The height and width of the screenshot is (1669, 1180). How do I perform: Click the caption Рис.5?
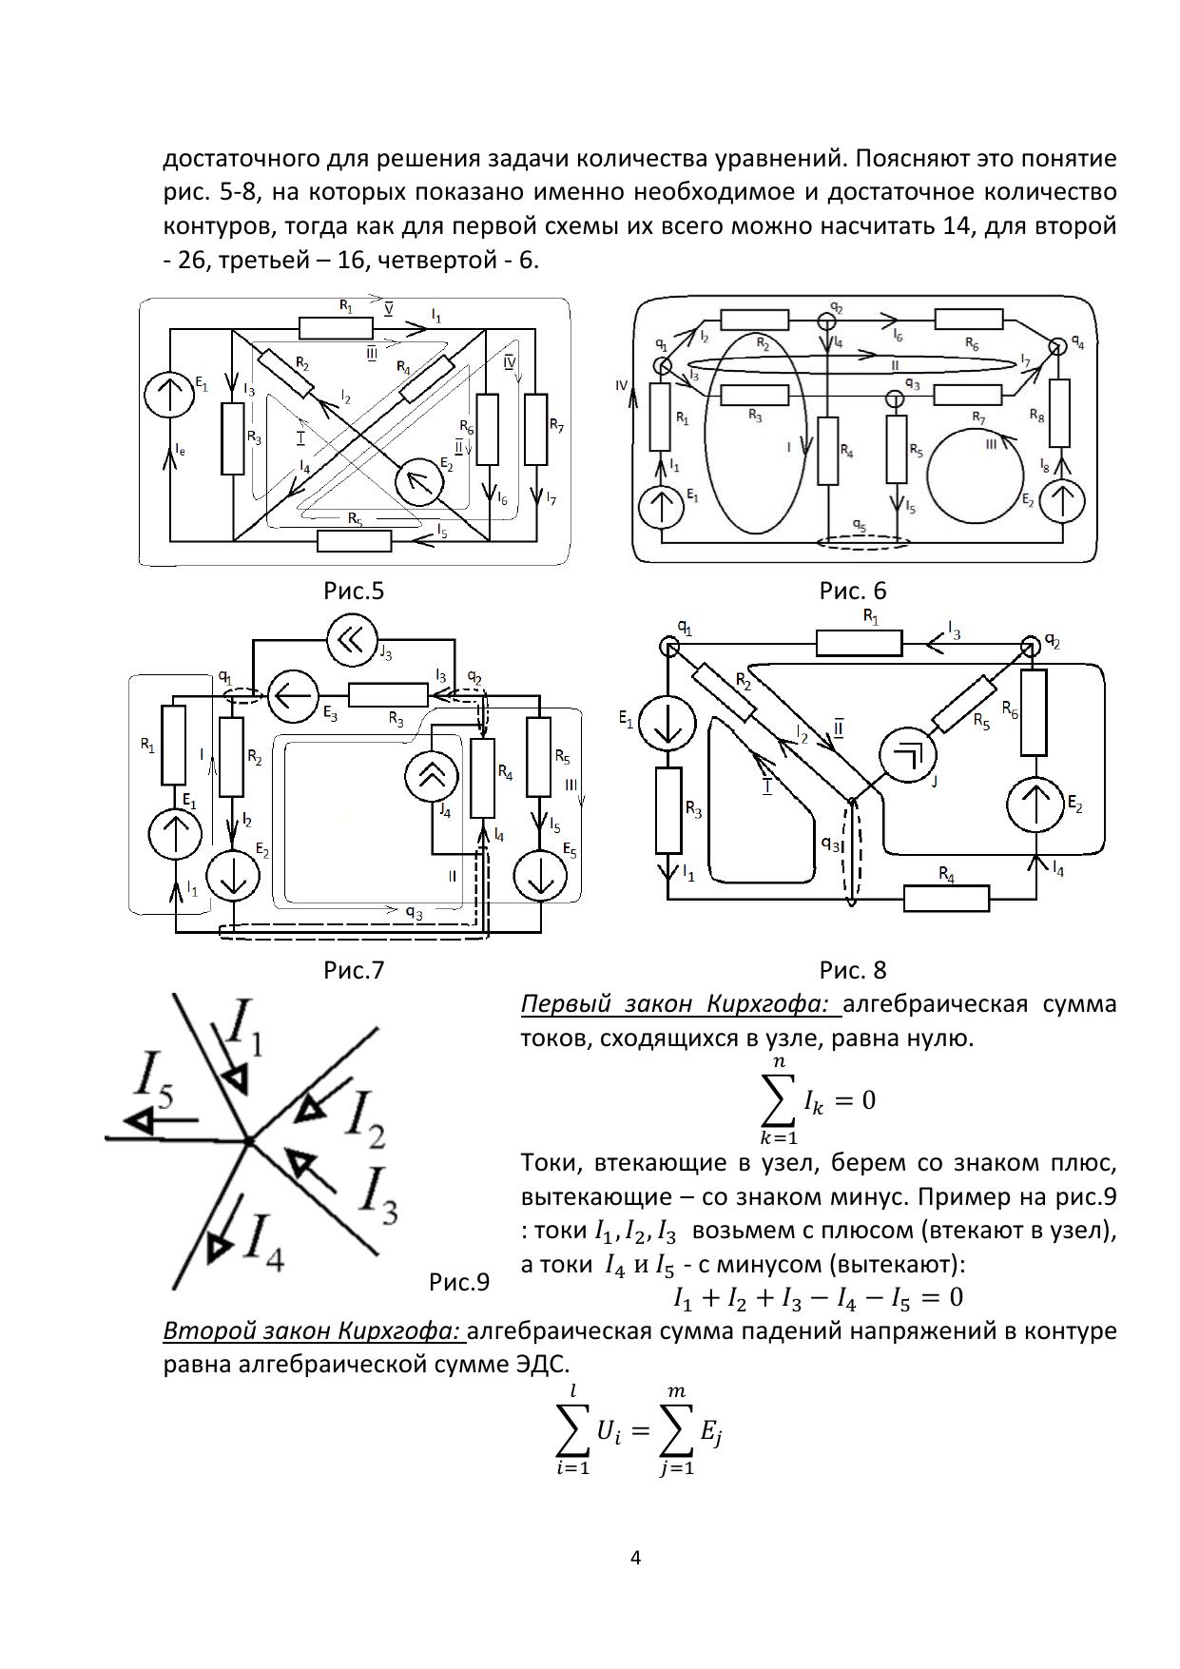353,592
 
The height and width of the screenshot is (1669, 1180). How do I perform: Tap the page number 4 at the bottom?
636,1558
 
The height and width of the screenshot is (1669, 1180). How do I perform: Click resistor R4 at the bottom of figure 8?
946,899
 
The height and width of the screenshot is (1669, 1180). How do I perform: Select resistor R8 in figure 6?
1059,414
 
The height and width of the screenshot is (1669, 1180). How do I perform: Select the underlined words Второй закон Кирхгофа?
312,1330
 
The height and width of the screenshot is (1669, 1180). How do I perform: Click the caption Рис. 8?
852,970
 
